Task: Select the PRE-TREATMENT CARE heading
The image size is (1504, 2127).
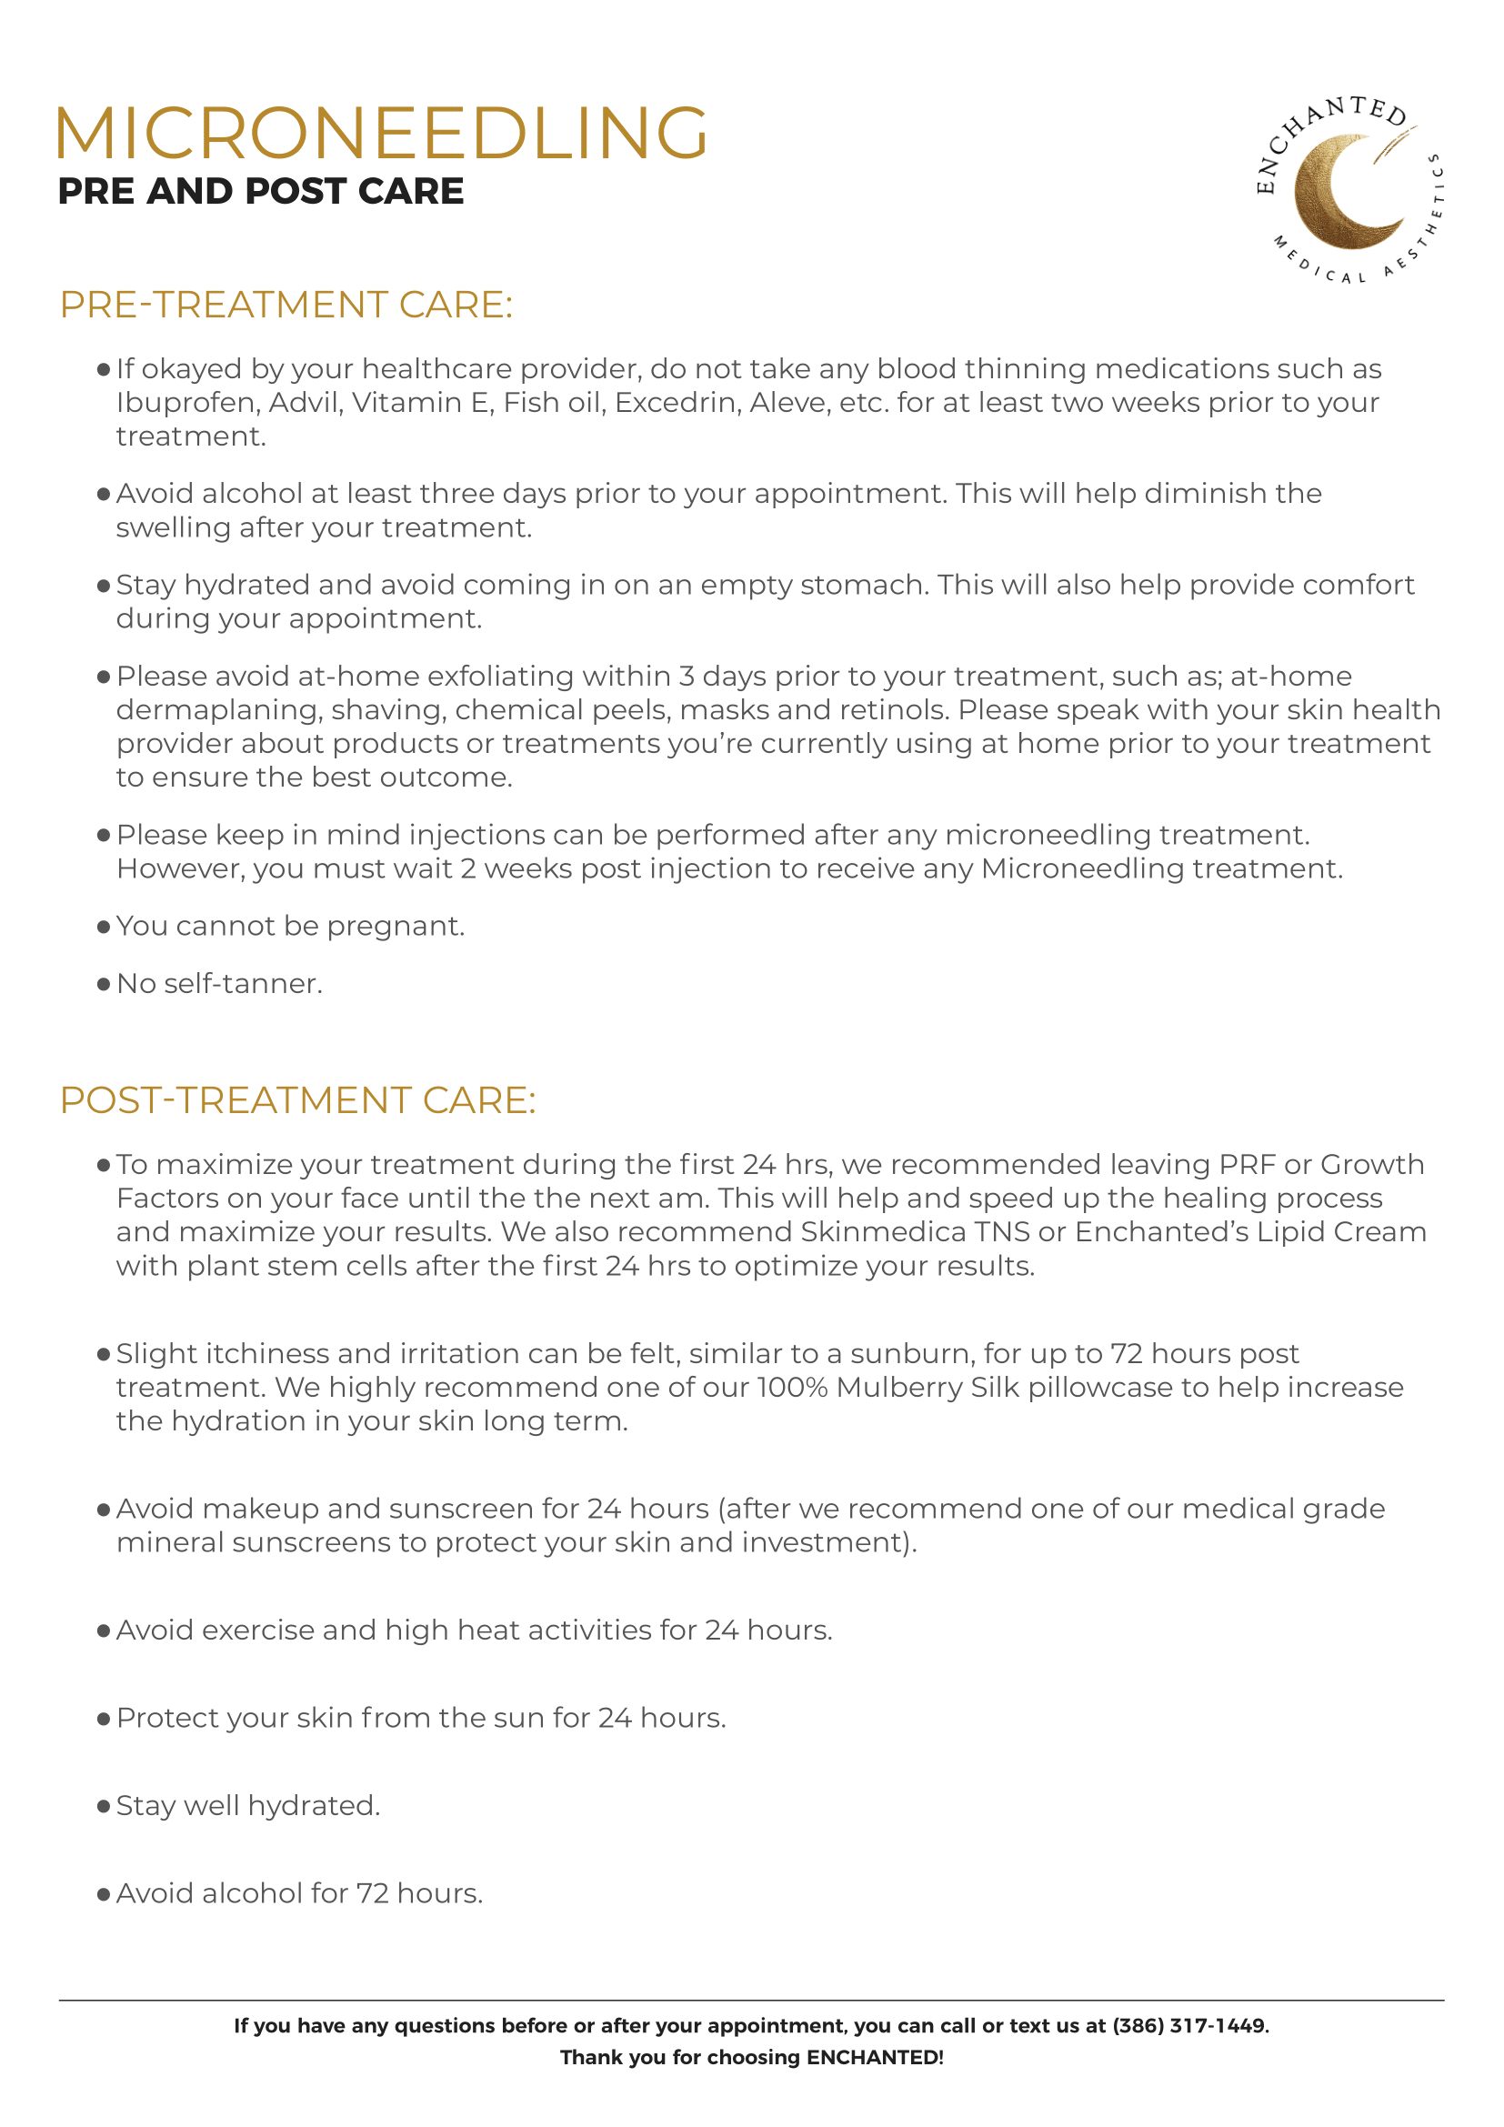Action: [x=286, y=305]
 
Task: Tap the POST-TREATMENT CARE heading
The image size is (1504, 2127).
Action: [x=297, y=1100]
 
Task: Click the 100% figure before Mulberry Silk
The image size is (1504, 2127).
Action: [x=792, y=1388]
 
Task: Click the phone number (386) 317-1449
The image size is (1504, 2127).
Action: [x=1189, y=2026]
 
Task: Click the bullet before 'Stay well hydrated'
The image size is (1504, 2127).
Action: [x=104, y=1807]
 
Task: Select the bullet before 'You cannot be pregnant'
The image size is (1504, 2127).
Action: [x=104, y=928]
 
